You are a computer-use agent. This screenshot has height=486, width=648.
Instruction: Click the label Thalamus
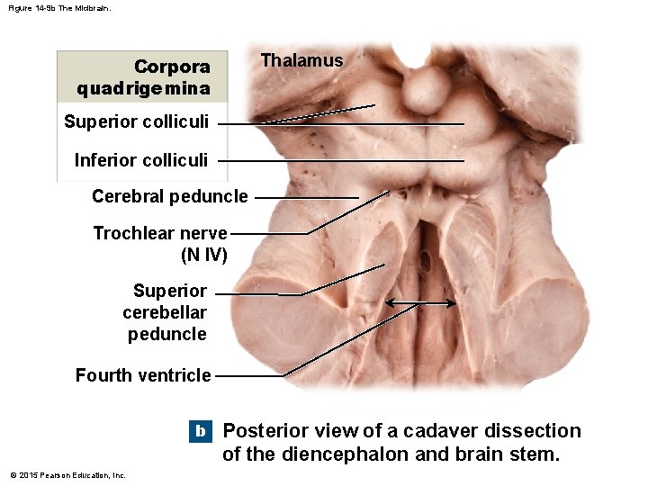coord(301,60)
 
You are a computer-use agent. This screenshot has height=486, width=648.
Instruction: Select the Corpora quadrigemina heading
coord(144,77)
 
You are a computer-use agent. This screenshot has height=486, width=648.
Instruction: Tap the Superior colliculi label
coord(137,121)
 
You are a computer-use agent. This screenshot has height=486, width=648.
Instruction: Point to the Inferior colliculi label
coord(141,160)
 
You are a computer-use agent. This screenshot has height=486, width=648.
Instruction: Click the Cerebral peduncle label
coord(169,196)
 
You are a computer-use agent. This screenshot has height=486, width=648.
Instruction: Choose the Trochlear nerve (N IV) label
coord(161,244)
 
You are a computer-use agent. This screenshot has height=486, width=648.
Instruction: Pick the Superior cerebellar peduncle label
coord(167,312)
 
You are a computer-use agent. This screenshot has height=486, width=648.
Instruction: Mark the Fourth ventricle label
coord(143,375)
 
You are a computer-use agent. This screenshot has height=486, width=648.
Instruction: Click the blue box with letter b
coord(200,431)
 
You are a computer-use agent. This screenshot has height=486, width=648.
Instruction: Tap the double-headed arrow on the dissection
coord(420,304)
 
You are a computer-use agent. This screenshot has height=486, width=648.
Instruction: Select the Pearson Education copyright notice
coord(67,474)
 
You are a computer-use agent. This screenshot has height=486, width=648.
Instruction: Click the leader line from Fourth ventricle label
coord(252,375)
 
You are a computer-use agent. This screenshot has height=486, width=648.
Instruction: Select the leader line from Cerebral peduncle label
coord(306,197)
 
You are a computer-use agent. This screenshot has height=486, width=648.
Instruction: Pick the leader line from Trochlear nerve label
coord(270,234)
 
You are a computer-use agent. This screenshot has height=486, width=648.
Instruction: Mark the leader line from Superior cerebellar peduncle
coord(261,294)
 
